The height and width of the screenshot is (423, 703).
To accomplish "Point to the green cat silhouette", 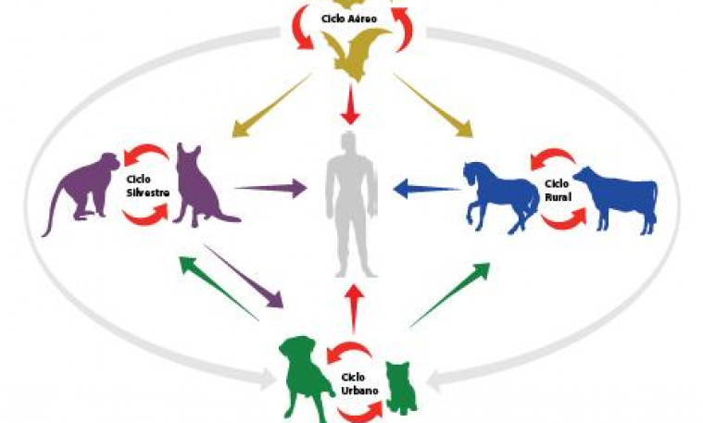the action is click(402, 387).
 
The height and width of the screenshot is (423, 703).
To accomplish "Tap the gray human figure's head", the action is click(349, 142).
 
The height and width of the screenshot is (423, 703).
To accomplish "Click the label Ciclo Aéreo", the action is click(349, 19).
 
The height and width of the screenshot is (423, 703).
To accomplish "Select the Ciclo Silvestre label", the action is click(147, 186).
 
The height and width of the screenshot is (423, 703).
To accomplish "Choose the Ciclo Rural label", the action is click(558, 190).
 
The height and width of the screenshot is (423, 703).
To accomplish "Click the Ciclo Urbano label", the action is click(359, 383).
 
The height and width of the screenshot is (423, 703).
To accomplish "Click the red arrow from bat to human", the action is click(350, 104).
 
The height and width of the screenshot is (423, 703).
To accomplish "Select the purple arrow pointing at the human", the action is click(271, 188).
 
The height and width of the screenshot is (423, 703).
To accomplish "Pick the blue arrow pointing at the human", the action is click(427, 188).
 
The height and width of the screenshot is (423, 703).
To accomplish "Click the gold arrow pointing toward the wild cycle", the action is click(271, 106).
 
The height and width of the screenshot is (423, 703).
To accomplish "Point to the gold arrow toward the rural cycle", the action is click(434, 106).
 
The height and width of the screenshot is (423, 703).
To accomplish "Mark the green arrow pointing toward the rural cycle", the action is click(450, 295).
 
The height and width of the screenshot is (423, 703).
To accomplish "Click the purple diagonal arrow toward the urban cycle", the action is click(244, 276).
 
